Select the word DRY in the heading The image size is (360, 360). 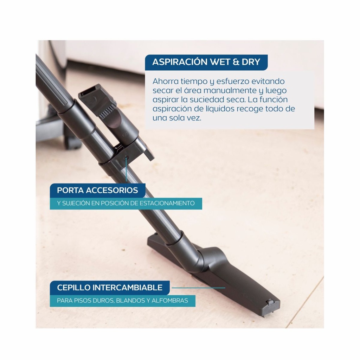click(251, 62)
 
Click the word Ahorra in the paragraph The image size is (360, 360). click(166, 81)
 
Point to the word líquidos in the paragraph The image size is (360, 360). click(219, 109)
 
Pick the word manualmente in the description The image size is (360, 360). click(230, 90)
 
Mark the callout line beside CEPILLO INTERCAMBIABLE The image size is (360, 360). click(198, 288)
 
